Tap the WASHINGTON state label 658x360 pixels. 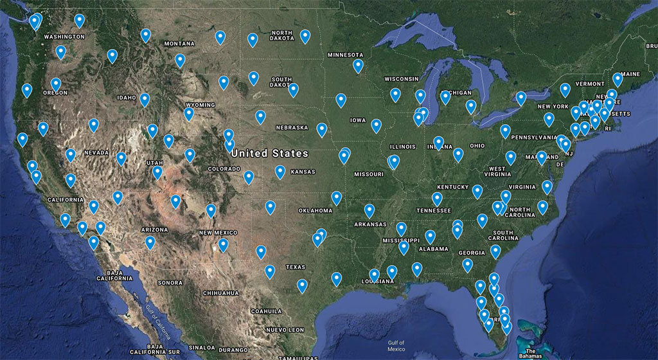64,37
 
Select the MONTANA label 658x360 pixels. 179,44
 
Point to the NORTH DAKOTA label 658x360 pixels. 282,36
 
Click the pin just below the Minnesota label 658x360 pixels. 358,66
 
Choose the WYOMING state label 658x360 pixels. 200,105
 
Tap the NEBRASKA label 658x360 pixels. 292,127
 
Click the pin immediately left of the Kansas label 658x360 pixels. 280,172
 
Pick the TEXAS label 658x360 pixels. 296,267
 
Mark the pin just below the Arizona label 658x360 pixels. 150,242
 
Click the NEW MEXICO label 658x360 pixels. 218,233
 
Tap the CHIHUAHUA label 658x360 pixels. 220,293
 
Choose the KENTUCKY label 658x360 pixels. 453,187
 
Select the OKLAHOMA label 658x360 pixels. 316,211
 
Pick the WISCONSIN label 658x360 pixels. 402,79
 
